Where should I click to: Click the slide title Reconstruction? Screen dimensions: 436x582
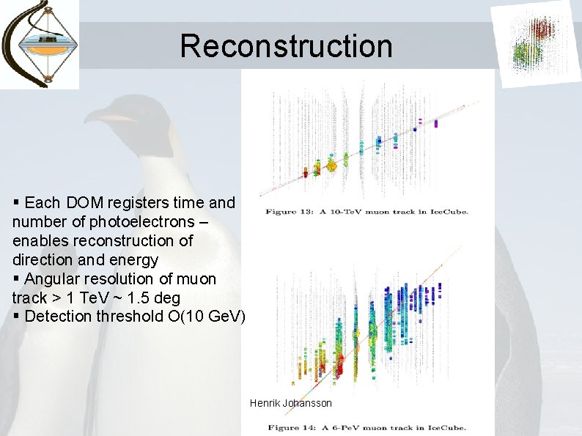[286, 45]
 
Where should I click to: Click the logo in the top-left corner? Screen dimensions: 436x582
[40, 44]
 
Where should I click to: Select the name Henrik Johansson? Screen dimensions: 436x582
[290, 403]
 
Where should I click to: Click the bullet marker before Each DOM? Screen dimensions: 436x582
[17, 202]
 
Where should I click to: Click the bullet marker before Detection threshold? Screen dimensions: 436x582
[17, 317]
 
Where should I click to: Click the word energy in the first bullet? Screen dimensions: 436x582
[135, 259]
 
